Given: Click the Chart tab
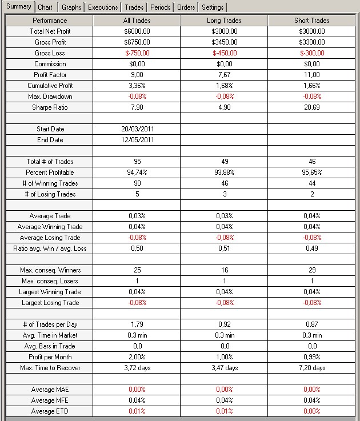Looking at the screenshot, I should tap(45, 7).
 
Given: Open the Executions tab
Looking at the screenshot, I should tap(103, 7).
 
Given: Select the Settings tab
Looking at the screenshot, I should tap(213, 7).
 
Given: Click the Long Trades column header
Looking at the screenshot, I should tap(225, 21).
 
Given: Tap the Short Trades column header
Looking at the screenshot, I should tap(312, 21).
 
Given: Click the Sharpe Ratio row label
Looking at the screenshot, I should tap(50, 107).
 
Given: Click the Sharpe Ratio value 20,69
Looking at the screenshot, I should tap(312, 107).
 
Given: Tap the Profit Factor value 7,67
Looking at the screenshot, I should tap(225, 75).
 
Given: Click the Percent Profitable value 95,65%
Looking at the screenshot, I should tap(312, 173).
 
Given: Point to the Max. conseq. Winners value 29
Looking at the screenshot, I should tap(312, 270).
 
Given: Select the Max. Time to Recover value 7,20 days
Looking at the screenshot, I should tap(312, 368).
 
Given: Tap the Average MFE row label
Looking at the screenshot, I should tap(50, 400).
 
